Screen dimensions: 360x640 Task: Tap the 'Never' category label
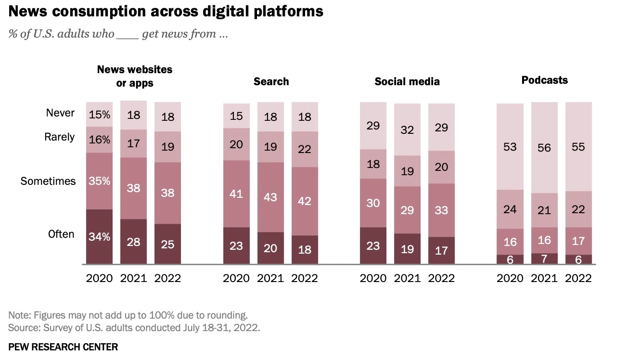coord(60,113)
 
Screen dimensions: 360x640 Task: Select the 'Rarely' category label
coord(60,137)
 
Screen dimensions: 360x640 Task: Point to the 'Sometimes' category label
coord(48,181)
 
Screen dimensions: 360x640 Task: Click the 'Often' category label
coord(61,234)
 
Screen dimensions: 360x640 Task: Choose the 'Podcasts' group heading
coord(544,80)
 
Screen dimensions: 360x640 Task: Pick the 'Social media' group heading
coord(407,81)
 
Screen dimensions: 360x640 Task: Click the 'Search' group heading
coord(271,81)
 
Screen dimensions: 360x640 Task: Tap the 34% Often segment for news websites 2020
coord(99,237)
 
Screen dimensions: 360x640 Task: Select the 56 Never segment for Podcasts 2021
coord(544,147)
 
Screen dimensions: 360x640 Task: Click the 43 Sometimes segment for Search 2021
coord(270,197)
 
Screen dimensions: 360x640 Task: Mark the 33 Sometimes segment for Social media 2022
coord(441,210)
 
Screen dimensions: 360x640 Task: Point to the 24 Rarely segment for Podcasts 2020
coord(510,209)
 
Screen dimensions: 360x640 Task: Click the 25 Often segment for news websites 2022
coord(167,244)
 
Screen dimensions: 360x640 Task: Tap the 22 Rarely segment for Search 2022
coord(305,149)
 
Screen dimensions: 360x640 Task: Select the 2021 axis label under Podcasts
coord(544,278)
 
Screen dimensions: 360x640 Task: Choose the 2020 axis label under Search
coord(236,278)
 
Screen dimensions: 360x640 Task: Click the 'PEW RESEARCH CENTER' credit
coord(63,347)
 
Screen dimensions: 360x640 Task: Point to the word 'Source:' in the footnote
coord(23,328)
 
